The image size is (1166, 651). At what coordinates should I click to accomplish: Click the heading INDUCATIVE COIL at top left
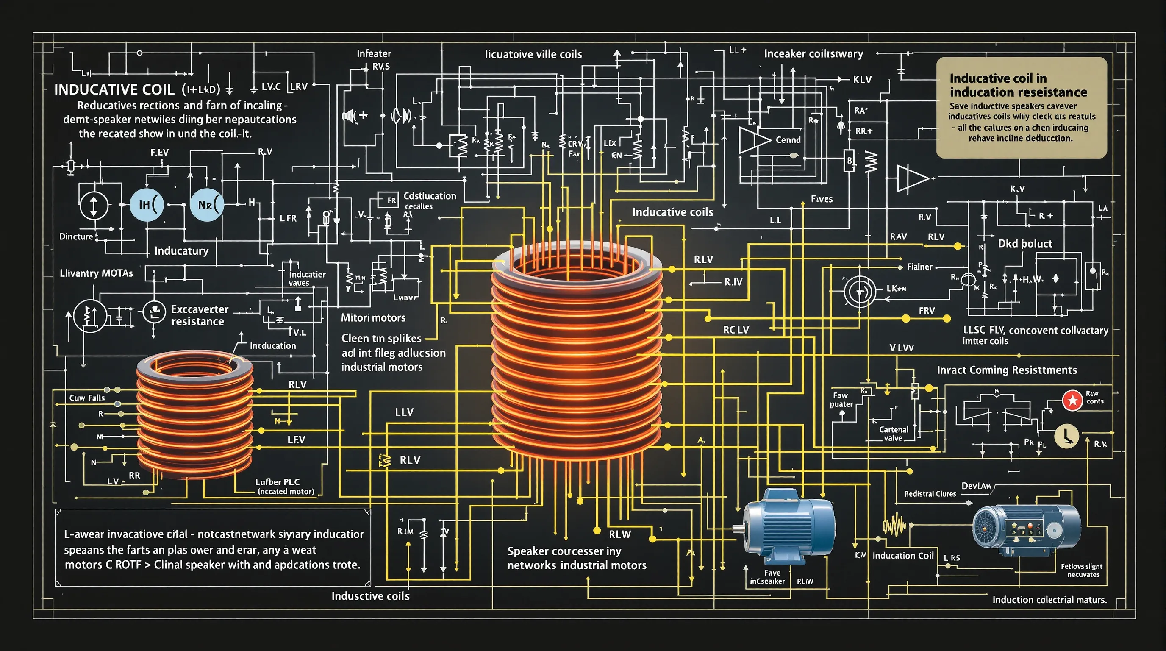coord(114,89)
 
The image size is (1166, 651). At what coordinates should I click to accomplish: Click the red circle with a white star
coord(1072,400)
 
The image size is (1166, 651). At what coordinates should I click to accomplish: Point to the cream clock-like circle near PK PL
coord(1066,436)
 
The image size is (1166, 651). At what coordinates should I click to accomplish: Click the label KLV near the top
coord(862,80)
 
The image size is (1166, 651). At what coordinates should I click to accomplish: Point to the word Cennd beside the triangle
coord(788,140)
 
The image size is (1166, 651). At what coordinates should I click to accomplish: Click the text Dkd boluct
coord(1025,244)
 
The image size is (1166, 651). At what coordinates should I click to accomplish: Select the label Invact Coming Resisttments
coord(1007,370)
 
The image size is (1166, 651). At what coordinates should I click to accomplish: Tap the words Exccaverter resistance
coord(199,315)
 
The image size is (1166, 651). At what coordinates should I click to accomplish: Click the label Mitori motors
coord(373,318)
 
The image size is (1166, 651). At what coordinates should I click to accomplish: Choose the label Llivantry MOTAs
coord(97,273)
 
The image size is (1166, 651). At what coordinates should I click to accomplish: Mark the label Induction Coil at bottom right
coord(903,556)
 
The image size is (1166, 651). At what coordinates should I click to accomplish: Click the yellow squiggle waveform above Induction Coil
coord(894,526)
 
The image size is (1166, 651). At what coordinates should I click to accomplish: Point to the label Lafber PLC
coord(278,482)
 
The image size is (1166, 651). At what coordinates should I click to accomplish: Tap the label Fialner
coord(920,267)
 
